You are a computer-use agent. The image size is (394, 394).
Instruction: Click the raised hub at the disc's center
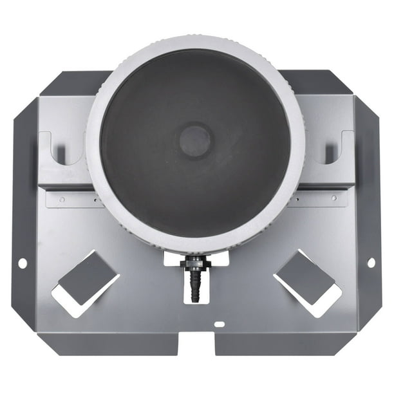point(194,141)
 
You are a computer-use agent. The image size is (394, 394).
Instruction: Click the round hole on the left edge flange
point(23,263)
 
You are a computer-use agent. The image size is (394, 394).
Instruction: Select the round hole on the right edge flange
point(371,262)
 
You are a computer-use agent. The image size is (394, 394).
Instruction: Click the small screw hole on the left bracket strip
point(62,199)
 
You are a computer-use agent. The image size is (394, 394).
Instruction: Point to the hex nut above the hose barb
point(195,262)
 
